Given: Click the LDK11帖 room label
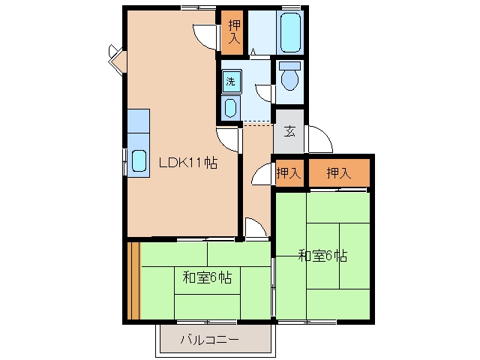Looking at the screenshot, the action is tap(188, 162).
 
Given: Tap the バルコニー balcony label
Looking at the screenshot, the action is tap(210, 340).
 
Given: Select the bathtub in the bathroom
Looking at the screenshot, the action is tap(290, 32).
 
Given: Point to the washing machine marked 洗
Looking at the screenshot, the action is tap(232, 81).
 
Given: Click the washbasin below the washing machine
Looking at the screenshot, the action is tap(230, 107).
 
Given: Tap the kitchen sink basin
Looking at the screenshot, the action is tap(139, 161).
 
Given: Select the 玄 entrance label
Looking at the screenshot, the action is tap(289, 132).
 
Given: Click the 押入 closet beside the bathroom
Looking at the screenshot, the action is tap(233, 32).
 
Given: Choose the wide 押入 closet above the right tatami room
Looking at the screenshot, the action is tap(339, 173).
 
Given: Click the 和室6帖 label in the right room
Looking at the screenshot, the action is tap(322, 256).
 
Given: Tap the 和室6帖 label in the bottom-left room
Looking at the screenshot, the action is tap(207, 277).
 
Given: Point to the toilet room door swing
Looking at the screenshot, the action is tap(262, 91).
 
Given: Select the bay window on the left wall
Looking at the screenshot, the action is tap(117, 59).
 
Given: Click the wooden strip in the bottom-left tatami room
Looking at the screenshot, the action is tap(133, 280).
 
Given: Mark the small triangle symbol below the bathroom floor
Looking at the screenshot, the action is tap(253, 52).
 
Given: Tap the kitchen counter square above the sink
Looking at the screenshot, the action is tap(138, 121).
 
